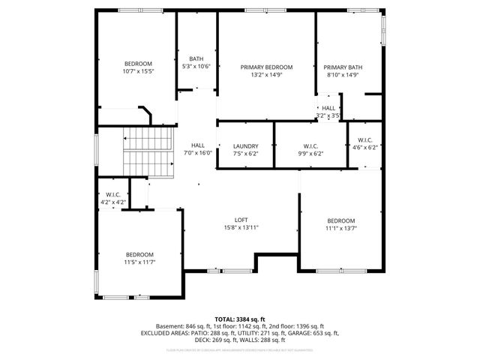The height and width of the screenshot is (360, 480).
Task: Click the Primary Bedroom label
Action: click(266, 67)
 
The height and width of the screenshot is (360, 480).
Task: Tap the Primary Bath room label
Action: click(343, 67)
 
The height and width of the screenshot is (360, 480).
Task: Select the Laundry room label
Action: click(245, 146)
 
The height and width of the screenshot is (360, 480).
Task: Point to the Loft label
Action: click(241, 220)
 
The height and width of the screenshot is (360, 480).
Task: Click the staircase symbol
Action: click(148, 150)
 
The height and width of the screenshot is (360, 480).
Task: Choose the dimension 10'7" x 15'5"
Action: click(138, 71)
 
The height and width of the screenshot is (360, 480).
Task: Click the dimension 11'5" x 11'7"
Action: click(139, 262)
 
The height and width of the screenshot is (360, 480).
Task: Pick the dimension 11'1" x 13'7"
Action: click(340, 228)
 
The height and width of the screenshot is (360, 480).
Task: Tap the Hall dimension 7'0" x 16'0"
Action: click(198, 153)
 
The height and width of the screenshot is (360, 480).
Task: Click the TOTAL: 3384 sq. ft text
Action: click(239, 319)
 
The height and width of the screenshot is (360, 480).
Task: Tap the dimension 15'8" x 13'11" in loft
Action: click(241, 227)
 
